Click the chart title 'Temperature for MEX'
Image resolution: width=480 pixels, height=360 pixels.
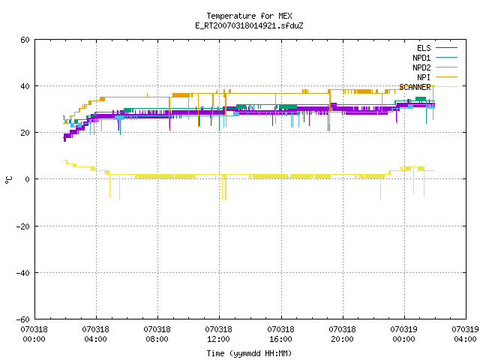pos(249,16)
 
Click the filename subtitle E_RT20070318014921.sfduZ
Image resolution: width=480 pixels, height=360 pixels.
pos(249,25)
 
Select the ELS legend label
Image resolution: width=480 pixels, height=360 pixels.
pos(424,48)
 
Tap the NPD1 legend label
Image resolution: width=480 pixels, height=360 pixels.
pos(421,58)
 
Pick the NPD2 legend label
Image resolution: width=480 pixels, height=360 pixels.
pos(421,67)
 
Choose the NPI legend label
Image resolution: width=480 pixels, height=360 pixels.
pos(424,77)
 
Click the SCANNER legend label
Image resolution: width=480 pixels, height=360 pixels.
pos(415,87)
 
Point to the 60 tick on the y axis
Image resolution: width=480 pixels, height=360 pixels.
pos(25,40)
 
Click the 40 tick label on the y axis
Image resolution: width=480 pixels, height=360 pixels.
pos(25,86)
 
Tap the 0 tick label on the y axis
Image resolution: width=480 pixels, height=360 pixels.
pos(28,179)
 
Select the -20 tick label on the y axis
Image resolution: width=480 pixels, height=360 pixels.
pos(23,226)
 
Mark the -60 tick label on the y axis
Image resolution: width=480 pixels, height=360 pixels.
pos(23,319)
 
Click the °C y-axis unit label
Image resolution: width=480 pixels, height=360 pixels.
pos(8,180)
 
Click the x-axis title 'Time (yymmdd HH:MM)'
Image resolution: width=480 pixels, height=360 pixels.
pos(249,353)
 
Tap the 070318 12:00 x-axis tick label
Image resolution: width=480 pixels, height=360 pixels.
pos(218,334)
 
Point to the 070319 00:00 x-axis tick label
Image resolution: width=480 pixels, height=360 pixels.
pos(403,334)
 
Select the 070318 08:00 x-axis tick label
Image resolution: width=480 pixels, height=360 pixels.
pos(157,334)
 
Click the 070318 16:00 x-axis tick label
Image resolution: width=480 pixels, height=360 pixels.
pos(280,334)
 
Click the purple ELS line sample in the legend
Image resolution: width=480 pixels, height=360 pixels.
pos(446,48)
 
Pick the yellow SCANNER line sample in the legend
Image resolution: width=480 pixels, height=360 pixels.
pos(446,87)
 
